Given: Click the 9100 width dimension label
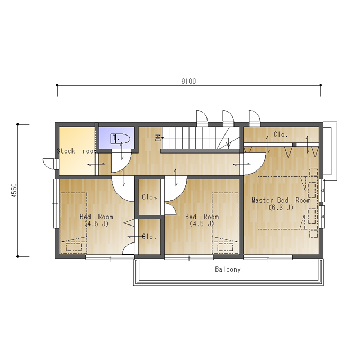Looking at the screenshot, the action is pos(188,82).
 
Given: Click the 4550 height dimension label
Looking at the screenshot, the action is pos(14,191).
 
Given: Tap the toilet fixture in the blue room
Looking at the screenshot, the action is pos(120,139).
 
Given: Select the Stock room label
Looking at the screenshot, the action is pos(77,151).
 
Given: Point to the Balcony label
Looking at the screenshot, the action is pos(228,269).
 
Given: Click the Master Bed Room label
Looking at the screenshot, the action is pos(281,200).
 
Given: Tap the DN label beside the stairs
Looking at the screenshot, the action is pos(158,138).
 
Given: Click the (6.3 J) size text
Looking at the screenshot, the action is pos(281,208).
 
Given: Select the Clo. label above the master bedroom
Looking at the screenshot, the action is pos(281,134).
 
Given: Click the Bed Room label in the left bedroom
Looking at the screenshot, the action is pos(96,217).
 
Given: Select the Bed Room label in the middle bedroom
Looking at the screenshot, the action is pos(202,217).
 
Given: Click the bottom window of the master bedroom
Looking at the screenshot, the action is pos(268,258).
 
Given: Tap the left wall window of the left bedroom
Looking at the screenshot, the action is pos(56,203).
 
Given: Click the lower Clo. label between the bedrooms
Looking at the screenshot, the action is pos(149,237).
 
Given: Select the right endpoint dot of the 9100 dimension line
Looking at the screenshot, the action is pos(321,85).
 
